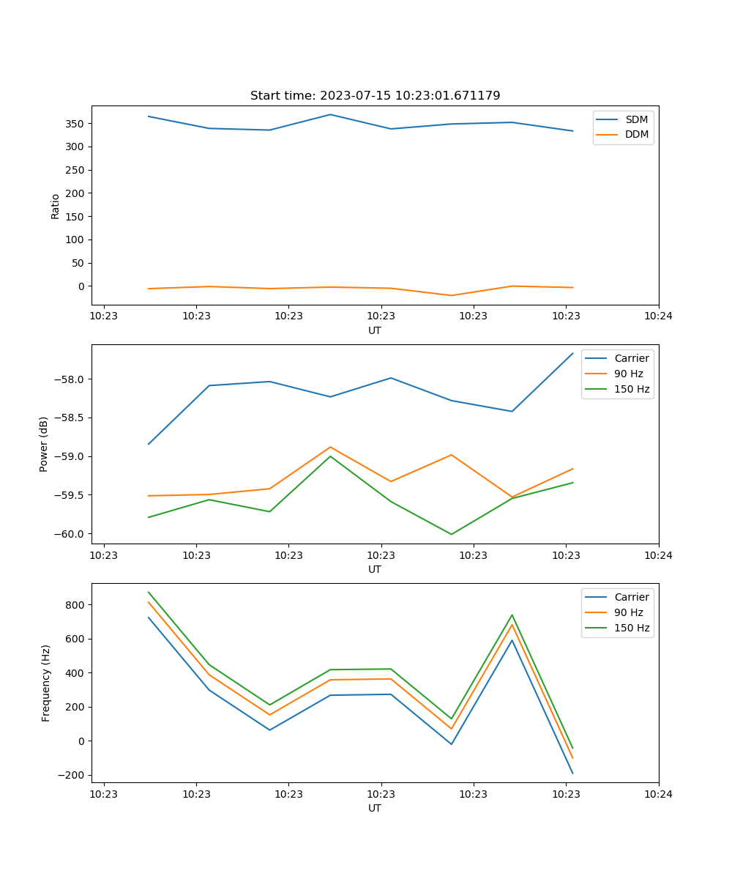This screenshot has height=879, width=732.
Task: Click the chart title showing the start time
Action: click(375, 96)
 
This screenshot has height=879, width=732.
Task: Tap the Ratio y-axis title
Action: click(56, 206)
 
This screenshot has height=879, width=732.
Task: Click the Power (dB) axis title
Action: click(44, 444)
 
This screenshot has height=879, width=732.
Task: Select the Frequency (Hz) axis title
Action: click(46, 683)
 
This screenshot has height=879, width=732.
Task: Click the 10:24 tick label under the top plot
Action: click(658, 316)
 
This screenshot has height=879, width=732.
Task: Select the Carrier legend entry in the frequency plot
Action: click(631, 597)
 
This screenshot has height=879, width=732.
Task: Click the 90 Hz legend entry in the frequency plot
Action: click(628, 612)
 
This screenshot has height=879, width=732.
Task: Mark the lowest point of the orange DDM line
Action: click(451, 295)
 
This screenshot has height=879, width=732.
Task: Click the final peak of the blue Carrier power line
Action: click(572, 353)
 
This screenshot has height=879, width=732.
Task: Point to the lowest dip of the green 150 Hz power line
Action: click(451, 534)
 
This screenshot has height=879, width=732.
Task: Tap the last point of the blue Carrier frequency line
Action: click(572, 773)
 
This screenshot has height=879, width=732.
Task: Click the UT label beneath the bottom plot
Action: click(375, 808)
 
